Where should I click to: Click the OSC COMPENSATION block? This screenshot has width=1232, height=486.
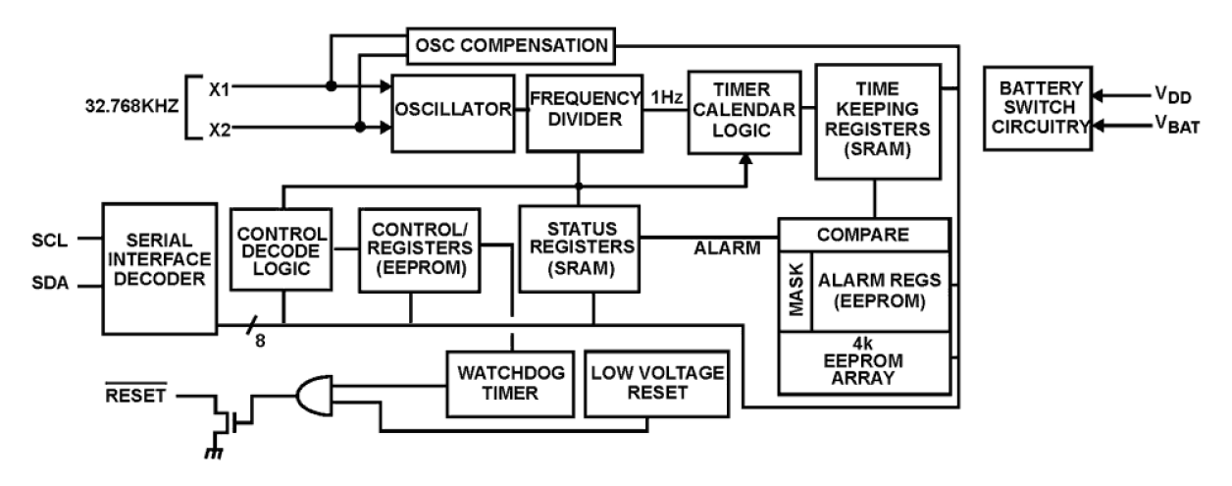pyautogui.click(x=510, y=45)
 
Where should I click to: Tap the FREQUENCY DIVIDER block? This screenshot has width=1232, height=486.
pyautogui.click(x=584, y=109)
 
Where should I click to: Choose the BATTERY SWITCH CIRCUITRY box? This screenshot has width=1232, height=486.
pyautogui.click(x=1038, y=108)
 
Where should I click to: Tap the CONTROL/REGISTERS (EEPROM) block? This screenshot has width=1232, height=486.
pyautogui.click(x=419, y=249)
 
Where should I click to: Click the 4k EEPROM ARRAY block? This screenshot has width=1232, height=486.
pyautogui.click(x=863, y=360)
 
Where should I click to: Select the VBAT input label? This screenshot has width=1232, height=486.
pyautogui.click(x=1176, y=127)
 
